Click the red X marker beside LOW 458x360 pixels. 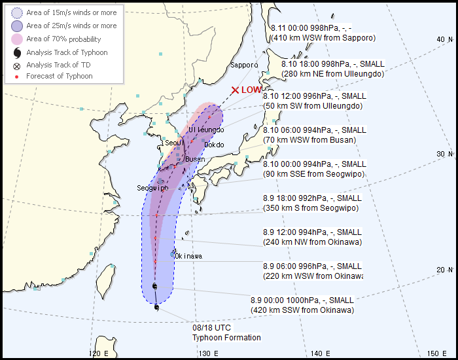click(x=235, y=90)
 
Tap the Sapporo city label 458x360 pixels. click(x=243, y=65)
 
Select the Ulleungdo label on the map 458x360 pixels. click(x=207, y=130)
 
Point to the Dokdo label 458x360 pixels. click(x=214, y=145)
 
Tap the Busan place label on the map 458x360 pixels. click(x=195, y=159)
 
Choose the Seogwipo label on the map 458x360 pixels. click(x=152, y=188)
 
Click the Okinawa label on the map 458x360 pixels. click(x=188, y=256)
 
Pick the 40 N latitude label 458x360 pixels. click(x=445, y=40)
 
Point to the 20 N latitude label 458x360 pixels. click(x=445, y=270)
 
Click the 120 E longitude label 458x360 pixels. click(x=97, y=353)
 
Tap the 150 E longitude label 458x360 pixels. click(x=437, y=353)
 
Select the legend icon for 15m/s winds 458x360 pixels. click(x=16, y=12)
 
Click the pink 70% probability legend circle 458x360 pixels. click(x=16, y=39)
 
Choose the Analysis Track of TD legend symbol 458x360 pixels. click(x=16, y=65)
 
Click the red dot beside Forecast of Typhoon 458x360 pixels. click(x=16, y=77)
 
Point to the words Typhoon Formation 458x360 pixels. click(x=226, y=338)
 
